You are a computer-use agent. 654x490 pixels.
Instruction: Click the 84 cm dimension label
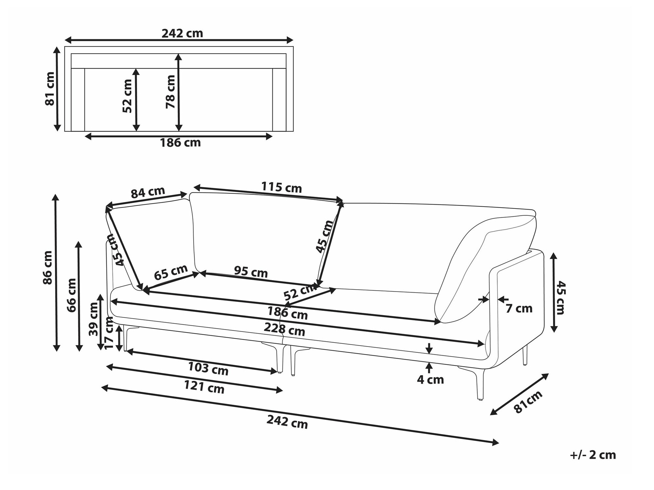[148, 193]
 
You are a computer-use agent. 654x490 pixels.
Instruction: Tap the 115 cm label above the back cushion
[281, 187]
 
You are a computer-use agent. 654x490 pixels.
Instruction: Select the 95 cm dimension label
[251, 272]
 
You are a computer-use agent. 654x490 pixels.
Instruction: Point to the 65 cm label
[171, 272]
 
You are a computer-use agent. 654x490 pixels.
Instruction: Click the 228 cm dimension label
[284, 329]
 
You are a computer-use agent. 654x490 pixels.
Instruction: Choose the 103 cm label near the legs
[208, 368]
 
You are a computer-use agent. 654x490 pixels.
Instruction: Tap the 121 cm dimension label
[204, 387]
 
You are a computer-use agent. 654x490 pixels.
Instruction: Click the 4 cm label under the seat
[430, 380]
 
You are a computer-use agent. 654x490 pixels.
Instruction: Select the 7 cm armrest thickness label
[519, 308]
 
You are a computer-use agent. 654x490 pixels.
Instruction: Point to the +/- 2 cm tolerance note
[593, 455]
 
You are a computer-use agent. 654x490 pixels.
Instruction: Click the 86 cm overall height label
[48, 268]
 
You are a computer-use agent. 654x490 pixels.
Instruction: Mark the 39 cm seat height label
[94, 319]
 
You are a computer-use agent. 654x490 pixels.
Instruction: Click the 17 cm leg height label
[109, 334]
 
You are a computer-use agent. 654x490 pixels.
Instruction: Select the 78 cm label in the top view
[170, 92]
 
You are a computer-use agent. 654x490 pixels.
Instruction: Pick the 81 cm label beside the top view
[50, 89]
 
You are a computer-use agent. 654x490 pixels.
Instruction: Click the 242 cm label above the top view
[182, 33]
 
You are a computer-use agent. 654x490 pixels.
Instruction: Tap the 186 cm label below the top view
[180, 143]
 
